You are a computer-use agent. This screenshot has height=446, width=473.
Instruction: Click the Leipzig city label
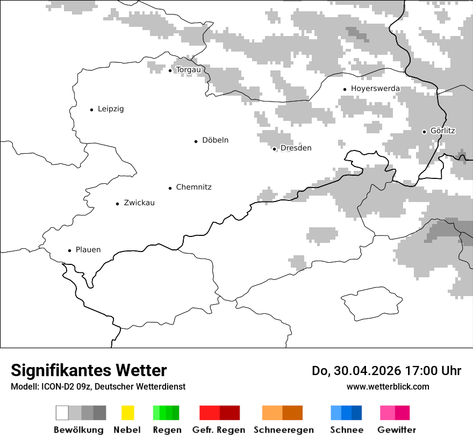point(111,109)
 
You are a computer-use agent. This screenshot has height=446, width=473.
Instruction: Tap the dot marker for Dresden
point(274,149)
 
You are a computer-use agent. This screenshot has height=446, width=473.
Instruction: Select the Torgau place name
point(188,70)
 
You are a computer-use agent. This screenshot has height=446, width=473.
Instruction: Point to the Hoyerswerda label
point(375,89)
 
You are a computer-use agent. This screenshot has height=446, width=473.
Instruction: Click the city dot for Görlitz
point(424,132)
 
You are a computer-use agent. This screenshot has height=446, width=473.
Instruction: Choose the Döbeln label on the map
point(215,140)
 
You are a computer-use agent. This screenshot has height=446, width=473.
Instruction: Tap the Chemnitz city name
point(193,188)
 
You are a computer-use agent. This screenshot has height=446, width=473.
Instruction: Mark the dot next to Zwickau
point(117,204)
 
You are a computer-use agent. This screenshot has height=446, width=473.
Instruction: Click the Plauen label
point(88,250)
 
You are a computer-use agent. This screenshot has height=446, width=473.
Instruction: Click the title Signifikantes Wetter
point(89,370)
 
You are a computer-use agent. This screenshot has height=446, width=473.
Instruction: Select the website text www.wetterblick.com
point(388,386)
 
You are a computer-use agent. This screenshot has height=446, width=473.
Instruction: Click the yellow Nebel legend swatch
point(127,413)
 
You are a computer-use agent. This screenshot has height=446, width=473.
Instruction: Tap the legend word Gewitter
point(397,430)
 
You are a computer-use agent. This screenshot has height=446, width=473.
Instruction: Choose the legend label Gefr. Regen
point(218,430)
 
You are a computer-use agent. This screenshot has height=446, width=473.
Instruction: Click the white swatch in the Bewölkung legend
point(62,413)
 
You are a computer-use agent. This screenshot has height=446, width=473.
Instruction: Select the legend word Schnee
point(346,430)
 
